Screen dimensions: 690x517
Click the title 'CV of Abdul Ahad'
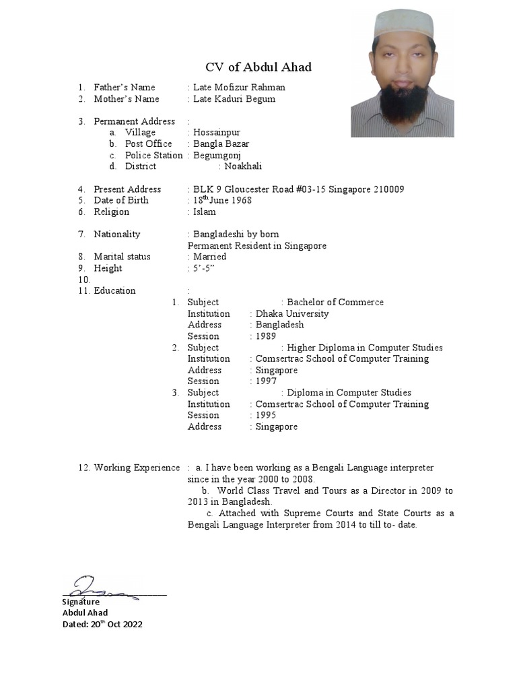click(258, 67)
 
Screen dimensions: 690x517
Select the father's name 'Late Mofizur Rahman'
click(239, 87)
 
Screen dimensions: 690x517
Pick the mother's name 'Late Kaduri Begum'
click(234, 99)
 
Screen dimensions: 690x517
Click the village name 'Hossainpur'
click(217, 133)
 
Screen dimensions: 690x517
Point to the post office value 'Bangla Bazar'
click(221, 144)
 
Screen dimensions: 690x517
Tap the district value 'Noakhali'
click(243, 166)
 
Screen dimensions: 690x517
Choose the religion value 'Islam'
click(205, 212)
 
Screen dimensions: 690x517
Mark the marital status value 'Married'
click(210, 257)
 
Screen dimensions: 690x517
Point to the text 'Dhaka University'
click(292, 313)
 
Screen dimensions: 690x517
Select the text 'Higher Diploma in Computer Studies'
click(365, 348)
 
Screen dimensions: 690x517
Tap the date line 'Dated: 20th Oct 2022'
click(102, 624)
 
